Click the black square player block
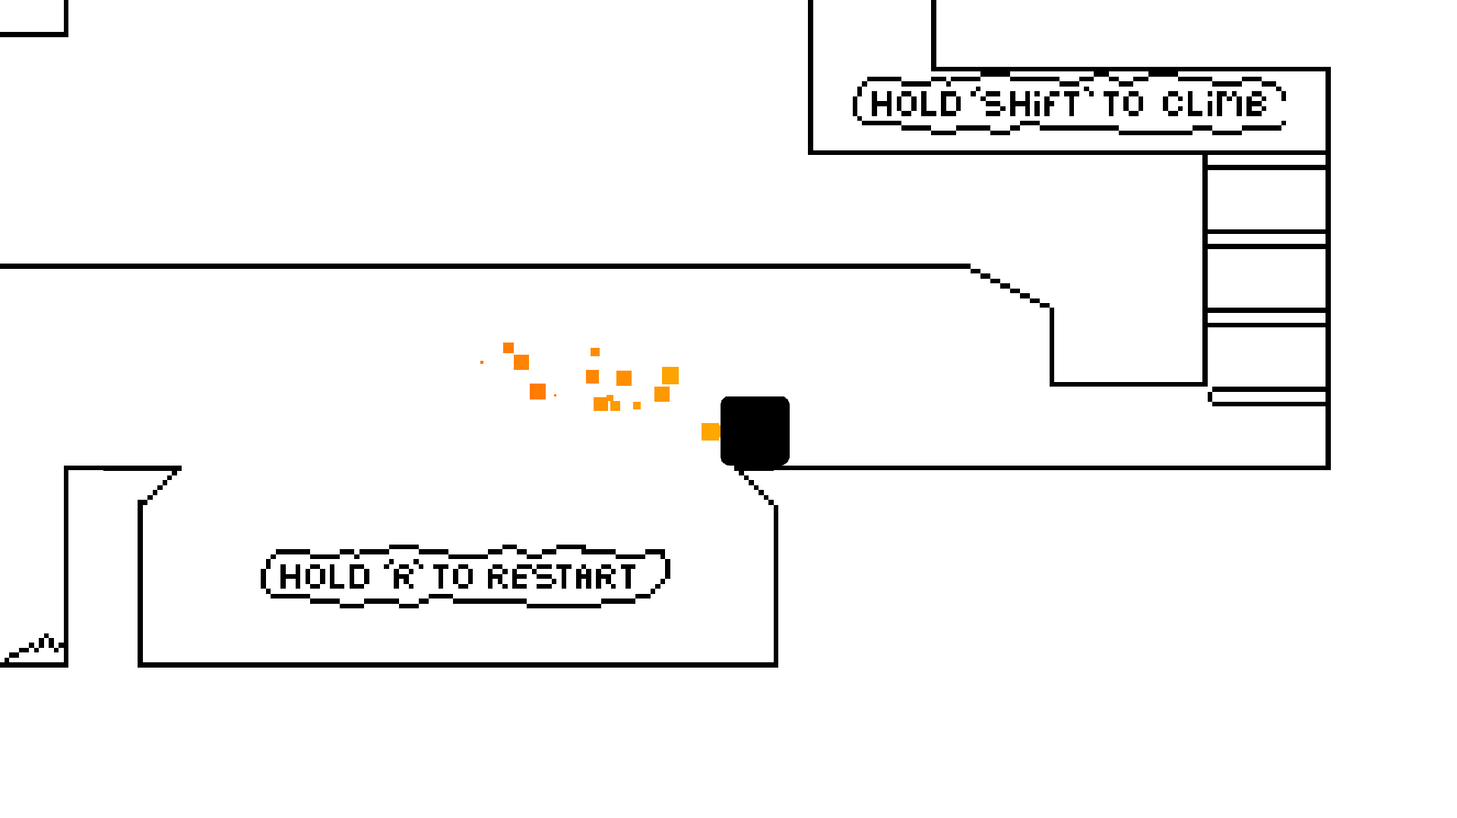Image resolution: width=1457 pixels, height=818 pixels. point(755,431)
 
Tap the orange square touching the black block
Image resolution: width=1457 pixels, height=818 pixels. point(711,431)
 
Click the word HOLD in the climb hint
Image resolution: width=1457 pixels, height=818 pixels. point(916,104)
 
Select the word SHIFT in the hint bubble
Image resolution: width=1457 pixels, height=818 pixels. point(1032,104)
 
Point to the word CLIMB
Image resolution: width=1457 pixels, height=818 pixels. point(1215,104)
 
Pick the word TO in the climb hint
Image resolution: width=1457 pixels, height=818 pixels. point(1123,104)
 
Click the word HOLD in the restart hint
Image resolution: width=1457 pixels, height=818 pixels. point(325,576)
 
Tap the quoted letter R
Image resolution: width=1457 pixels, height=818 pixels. point(404,576)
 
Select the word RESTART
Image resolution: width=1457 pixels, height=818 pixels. point(561,576)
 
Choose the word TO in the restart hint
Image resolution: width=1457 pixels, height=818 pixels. point(454,576)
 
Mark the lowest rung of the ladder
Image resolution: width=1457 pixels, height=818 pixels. point(1268,396)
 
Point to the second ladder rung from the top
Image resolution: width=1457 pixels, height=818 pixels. point(1266,238)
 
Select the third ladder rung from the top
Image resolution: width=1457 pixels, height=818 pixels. point(1266,317)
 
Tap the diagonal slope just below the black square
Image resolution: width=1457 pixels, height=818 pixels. point(757,487)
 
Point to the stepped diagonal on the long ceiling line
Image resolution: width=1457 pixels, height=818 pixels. point(1011,286)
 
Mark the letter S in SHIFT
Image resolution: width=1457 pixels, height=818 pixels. point(995,104)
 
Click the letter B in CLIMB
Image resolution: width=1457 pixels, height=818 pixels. point(1256,104)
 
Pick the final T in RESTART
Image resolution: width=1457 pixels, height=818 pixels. point(626,576)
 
